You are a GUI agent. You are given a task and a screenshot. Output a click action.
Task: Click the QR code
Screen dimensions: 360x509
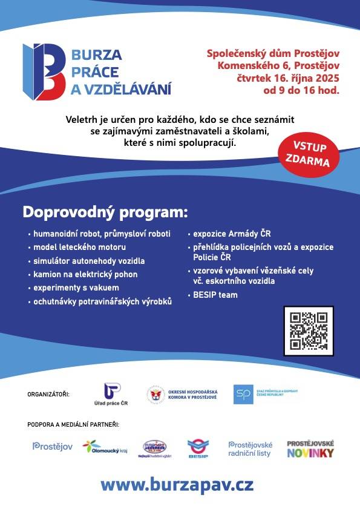click(309, 330)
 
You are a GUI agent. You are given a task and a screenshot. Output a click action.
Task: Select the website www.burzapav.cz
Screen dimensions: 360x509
click(177, 485)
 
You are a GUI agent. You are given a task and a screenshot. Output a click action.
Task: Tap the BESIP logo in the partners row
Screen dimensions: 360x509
click(197, 448)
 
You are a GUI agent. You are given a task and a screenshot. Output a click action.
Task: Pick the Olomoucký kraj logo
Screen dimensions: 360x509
click(105, 447)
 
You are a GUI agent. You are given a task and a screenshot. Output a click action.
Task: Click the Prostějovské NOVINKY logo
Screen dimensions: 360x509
click(310, 448)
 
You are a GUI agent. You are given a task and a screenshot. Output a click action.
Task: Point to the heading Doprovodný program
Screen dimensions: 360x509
click(105, 212)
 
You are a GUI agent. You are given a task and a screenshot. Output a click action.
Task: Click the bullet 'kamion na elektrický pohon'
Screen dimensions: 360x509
click(85, 274)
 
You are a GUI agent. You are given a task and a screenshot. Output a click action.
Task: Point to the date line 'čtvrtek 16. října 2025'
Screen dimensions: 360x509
click(288, 79)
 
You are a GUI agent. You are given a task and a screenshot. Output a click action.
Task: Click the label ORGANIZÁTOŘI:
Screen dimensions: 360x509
click(48, 395)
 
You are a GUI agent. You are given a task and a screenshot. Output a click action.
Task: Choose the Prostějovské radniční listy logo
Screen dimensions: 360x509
click(250, 448)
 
